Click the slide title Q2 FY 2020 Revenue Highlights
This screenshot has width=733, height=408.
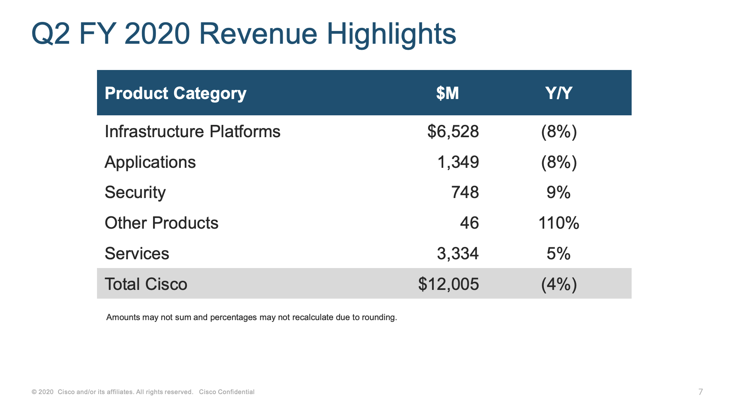point(244,34)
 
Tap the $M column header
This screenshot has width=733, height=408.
point(448,93)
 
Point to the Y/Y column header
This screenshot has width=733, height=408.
point(559,93)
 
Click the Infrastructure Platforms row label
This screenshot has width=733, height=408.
point(192,132)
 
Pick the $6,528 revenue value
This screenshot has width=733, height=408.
point(453,132)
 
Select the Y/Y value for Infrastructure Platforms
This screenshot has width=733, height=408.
point(559,132)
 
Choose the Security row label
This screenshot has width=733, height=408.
point(135,193)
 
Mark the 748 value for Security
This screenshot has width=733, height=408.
point(465,192)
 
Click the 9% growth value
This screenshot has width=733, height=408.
point(558,192)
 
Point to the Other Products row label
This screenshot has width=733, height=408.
point(161,223)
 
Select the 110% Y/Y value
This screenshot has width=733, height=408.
point(558,223)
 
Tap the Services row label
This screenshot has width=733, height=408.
point(137,254)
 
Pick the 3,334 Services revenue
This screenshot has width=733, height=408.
point(458,254)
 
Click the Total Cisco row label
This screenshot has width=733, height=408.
point(145,284)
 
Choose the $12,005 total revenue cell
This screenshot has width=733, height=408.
point(449,284)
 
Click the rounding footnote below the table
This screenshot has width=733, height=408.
point(252,317)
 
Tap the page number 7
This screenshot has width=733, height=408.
point(700,392)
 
